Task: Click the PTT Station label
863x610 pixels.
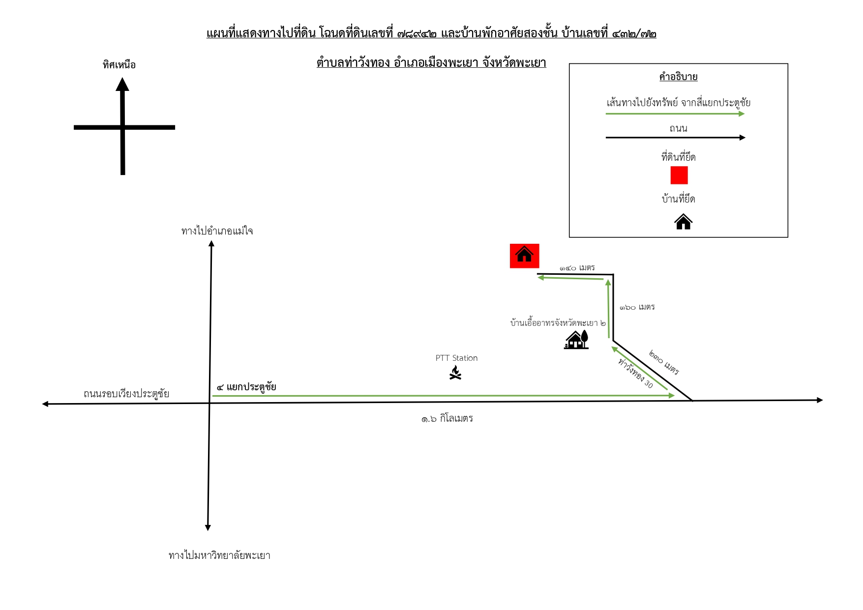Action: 456,358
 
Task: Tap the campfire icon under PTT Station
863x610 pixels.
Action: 456,373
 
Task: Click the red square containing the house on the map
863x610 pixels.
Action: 524,256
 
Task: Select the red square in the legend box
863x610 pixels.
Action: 679,175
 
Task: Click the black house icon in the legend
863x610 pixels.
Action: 683,222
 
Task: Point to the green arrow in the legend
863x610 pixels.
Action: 675,114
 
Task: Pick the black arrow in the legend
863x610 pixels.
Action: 676,138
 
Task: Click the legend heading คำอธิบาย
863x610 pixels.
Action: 679,77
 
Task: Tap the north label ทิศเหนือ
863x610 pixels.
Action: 119,64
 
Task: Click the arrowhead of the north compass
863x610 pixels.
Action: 122,85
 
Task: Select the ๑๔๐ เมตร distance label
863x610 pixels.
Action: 577,267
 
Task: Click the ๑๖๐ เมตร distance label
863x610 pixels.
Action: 637,307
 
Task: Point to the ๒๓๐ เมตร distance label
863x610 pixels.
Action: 664,363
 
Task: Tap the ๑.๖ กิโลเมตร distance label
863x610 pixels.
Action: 447,418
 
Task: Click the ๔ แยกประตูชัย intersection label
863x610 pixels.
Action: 246,387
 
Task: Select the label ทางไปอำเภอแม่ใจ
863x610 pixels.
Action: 217,231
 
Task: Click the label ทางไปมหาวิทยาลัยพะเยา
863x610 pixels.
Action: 219,555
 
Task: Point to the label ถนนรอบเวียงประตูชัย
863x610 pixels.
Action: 126,393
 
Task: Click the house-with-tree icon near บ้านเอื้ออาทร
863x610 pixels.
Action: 576,339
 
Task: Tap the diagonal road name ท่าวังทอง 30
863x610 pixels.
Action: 635,373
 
